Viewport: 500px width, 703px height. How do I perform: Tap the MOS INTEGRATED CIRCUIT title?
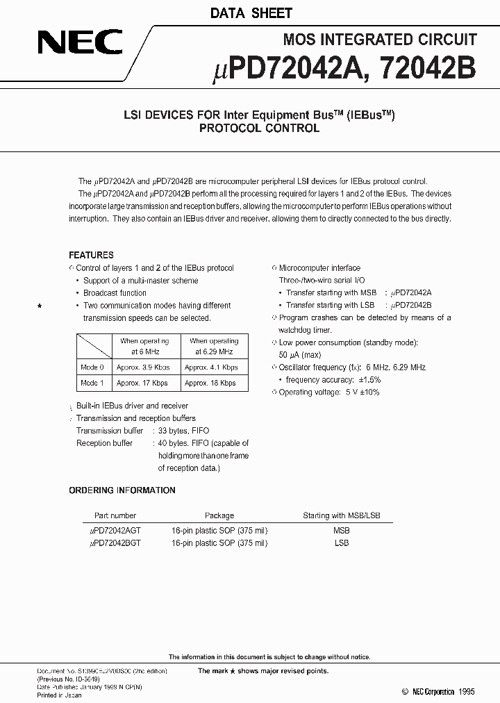coord(380,40)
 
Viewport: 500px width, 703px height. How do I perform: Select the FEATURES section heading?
coord(91,255)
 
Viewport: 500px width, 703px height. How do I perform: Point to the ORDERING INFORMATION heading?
coord(122,490)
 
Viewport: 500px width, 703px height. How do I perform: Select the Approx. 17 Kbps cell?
coord(142,383)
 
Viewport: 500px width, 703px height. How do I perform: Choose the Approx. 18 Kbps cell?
coord(210,383)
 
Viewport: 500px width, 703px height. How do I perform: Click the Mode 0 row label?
coord(92,367)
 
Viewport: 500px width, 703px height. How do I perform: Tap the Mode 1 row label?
coord(92,383)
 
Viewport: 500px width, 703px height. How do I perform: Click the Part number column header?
coord(114,515)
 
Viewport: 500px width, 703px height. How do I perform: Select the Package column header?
coord(219,515)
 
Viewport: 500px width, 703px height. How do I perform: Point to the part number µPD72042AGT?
coord(115,531)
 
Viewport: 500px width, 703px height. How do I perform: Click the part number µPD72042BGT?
coord(115,543)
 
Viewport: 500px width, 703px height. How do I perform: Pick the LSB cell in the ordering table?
coord(341,543)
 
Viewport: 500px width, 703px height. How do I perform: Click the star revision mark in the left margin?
coord(40,306)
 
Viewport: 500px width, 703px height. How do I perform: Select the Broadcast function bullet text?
coord(115,293)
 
